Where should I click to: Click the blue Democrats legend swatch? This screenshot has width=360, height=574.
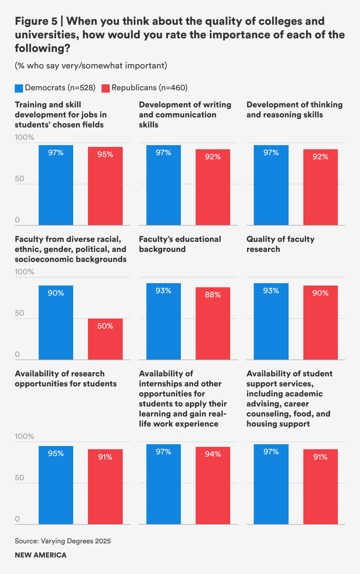(x=19, y=88)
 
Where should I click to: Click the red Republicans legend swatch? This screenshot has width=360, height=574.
(x=105, y=88)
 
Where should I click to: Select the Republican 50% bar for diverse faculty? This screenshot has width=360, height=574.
(x=105, y=339)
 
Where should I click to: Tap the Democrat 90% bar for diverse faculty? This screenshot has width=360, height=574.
(x=56, y=323)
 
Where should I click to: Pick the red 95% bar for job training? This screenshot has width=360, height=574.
(x=105, y=186)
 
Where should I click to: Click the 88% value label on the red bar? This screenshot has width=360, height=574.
(x=213, y=295)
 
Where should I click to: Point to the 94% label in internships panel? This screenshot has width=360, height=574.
(x=213, y=454)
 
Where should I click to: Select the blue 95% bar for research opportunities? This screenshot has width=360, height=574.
(x=56, y=485)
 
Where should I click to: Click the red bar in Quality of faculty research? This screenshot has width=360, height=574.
(x=320, y=323)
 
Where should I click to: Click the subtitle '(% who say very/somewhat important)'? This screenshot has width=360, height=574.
(x=91, y=65)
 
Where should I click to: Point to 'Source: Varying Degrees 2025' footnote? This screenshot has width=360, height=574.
(x=63, y=541)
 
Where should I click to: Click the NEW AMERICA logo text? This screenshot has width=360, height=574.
(x=41, y=555)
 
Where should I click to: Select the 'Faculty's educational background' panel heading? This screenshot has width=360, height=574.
(x=180, y=244)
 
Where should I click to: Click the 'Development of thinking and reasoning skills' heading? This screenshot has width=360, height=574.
(x=294, y=109)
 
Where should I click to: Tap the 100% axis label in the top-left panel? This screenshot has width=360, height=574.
(x=24, y=137)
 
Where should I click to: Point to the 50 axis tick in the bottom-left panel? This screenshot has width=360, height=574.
(x=19, y=478)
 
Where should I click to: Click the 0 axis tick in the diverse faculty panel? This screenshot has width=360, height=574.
(x=17, y=354)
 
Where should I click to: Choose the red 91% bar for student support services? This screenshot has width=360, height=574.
(x=320, y=487)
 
